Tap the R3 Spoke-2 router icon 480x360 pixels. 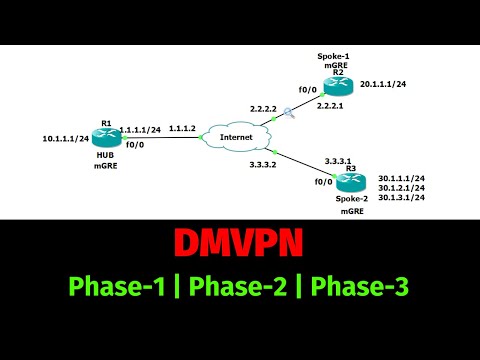tap(346, 182)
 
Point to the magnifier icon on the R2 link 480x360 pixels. tap(288, 113)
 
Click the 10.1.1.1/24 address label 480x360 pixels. tap(65, 139)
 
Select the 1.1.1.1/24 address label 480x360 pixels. tap(140, 129)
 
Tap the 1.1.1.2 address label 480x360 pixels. tap(182, 129)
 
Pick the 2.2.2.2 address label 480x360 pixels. tap(267, 107)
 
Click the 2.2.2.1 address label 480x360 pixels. tap(331, 105)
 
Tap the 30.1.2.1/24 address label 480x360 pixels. tap(401, 188)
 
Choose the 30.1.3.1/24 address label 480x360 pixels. tap(401, 198)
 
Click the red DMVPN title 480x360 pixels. tap(240, 244)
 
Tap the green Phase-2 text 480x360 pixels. tap(240, 286)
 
